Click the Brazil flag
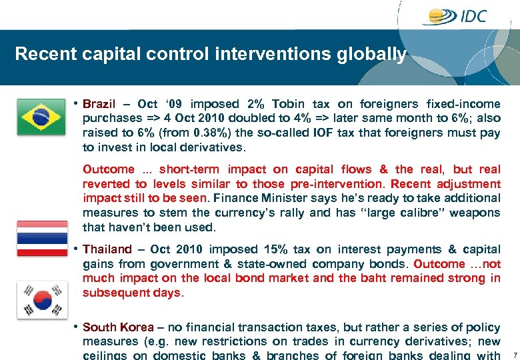click(41, 117)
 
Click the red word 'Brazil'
click(99, 104)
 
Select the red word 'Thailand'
click(107, 249)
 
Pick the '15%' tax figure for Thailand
click(275, 249)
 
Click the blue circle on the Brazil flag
click(41, 117)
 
